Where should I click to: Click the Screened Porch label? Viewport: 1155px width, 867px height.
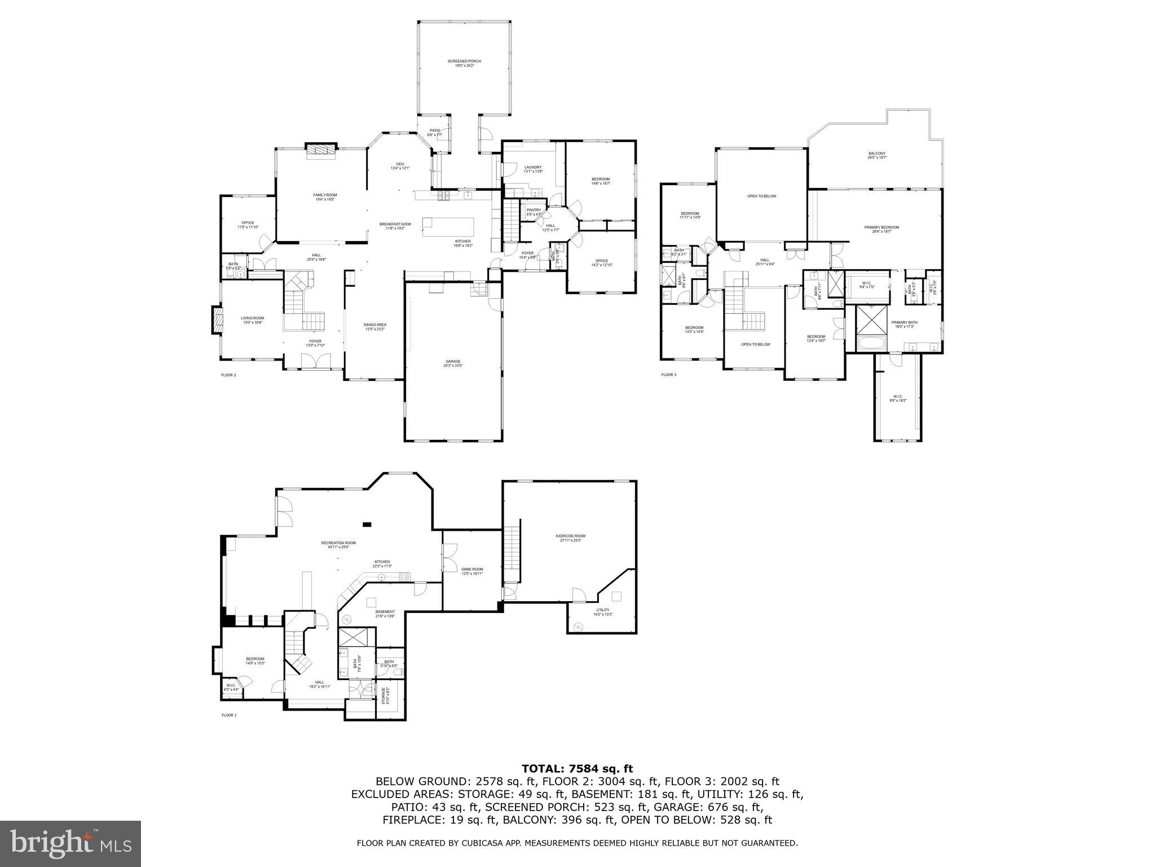coord(464,62)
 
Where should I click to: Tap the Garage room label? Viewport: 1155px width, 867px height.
coord(452,361)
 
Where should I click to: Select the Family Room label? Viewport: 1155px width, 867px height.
coord(325,195)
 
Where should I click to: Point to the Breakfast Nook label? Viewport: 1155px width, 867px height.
coord(395,224)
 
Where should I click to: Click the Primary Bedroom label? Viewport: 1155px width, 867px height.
coord(881,227)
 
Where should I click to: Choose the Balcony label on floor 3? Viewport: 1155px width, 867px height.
coord(876,154)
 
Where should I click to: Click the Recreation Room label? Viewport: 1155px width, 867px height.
coord(338,543)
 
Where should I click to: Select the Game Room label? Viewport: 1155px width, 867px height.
coord(472,570)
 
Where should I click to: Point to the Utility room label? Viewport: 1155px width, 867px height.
coord(602,610)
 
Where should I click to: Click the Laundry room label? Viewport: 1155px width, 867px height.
coord(532,168)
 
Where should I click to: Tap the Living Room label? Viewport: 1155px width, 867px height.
coord(252,318)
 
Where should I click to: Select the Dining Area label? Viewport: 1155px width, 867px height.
coord(374,325)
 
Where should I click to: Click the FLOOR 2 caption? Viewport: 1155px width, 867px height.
coord(228,375)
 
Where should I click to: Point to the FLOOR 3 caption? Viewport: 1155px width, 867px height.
coord(668,375)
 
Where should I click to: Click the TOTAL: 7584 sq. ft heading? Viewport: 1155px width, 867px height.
coord(577,768)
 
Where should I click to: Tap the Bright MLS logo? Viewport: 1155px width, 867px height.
coord(70,844)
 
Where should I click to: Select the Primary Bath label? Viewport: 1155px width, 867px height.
coord(904,323)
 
